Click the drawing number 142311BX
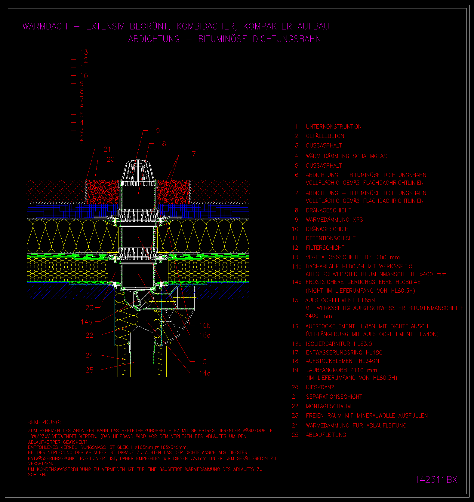coord(436,479)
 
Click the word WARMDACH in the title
coord(45,26)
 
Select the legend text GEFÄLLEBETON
coord(325,136)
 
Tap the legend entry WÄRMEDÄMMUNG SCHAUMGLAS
coord(346,156)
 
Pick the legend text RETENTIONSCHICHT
coord(331,239)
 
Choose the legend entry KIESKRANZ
coord(320,388)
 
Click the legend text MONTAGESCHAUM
coord(328,406)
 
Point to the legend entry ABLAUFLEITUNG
coord(326,435)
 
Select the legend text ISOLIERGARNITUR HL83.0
coord(339,344)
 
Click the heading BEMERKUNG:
coord(44,422)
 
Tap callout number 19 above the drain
coord(156,131)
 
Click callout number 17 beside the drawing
coord(192,154)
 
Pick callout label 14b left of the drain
coord(86,322)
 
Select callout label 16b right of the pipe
coord(205,326)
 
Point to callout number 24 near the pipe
coord(90,355)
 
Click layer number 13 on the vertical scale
coord(84,52)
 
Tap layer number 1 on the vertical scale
coord(82,146)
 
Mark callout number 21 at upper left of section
coord(107,149)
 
